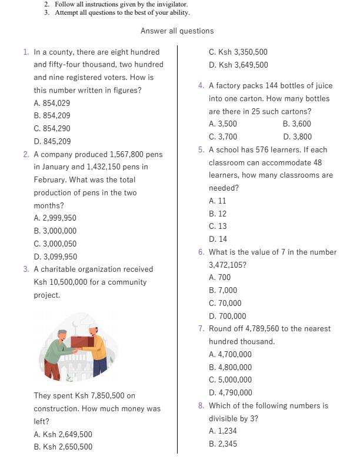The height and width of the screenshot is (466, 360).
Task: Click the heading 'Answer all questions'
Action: pos(177,31)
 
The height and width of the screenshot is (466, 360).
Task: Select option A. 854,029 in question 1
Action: pos(52,103)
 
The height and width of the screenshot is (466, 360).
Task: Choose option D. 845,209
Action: pos(52,141)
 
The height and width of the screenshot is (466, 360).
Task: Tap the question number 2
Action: pos(26,154)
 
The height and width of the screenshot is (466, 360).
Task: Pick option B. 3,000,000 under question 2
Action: pos(55,231)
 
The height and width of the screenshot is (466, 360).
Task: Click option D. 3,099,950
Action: pos(55,257)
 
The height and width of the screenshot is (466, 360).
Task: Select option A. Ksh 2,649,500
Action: pos(62,434)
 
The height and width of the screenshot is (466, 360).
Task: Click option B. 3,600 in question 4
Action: pos(296,124)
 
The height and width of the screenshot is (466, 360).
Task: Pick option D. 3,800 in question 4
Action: pos(297,137)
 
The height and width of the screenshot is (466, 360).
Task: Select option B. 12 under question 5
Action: pos(218,214)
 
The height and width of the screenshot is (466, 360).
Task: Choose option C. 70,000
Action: pos(225,303)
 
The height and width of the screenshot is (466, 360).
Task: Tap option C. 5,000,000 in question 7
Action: pos(230,380)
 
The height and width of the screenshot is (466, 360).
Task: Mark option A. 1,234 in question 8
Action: pos(222,431)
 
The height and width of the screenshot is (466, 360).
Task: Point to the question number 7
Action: pos(201,328)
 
